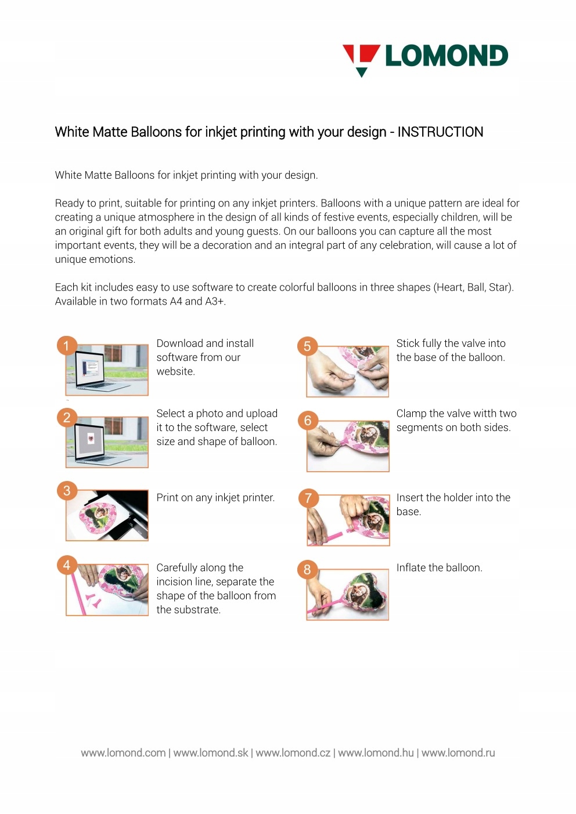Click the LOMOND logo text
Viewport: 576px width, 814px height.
pyautogui.click(x=447, y=56)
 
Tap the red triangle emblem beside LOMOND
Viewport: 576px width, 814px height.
pyautogui.click(x=362, y=60)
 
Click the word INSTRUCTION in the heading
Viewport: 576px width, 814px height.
pyautogui.click(x=440, y=132)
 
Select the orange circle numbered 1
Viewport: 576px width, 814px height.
pyautogui.click(x=67, y=346)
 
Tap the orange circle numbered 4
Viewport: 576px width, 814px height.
pyautogui.click(x=67, y=565)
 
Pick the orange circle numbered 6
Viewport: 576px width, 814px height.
pyautogui.click(x=308, y=421)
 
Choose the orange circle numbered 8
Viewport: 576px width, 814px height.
pyautogui.click(x=307, y=569)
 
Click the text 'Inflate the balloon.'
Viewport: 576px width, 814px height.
pyautogui.click(x=440, y=567)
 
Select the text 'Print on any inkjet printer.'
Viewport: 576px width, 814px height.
pyautogui.click(x=215, y=498)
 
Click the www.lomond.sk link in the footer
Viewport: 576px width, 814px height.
pyautogui.click(x=211, y=753)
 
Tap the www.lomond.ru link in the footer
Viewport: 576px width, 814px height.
pyautogui.click(x=458, y=753)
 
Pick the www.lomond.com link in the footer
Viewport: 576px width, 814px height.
pyautogui.click(x=123, y=753)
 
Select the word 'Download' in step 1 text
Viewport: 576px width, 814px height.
pyautogui.click(x=176, y=343)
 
